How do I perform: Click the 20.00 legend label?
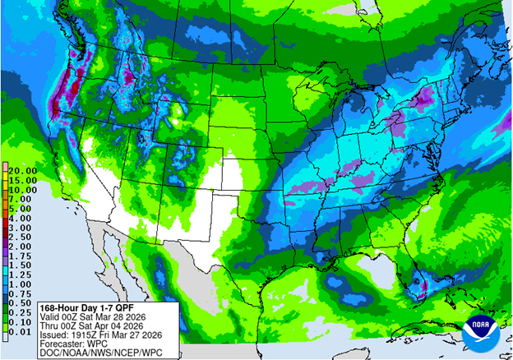click(20, 168)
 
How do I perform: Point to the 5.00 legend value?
click(20, 208)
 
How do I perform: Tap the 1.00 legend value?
click(20, 284)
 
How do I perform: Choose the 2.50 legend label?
click(20, 236)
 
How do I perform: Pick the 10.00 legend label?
click(20, 188)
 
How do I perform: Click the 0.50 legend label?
click(20, 304)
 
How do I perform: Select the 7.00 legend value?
click(20, 198)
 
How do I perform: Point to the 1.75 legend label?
click(20, 256)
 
